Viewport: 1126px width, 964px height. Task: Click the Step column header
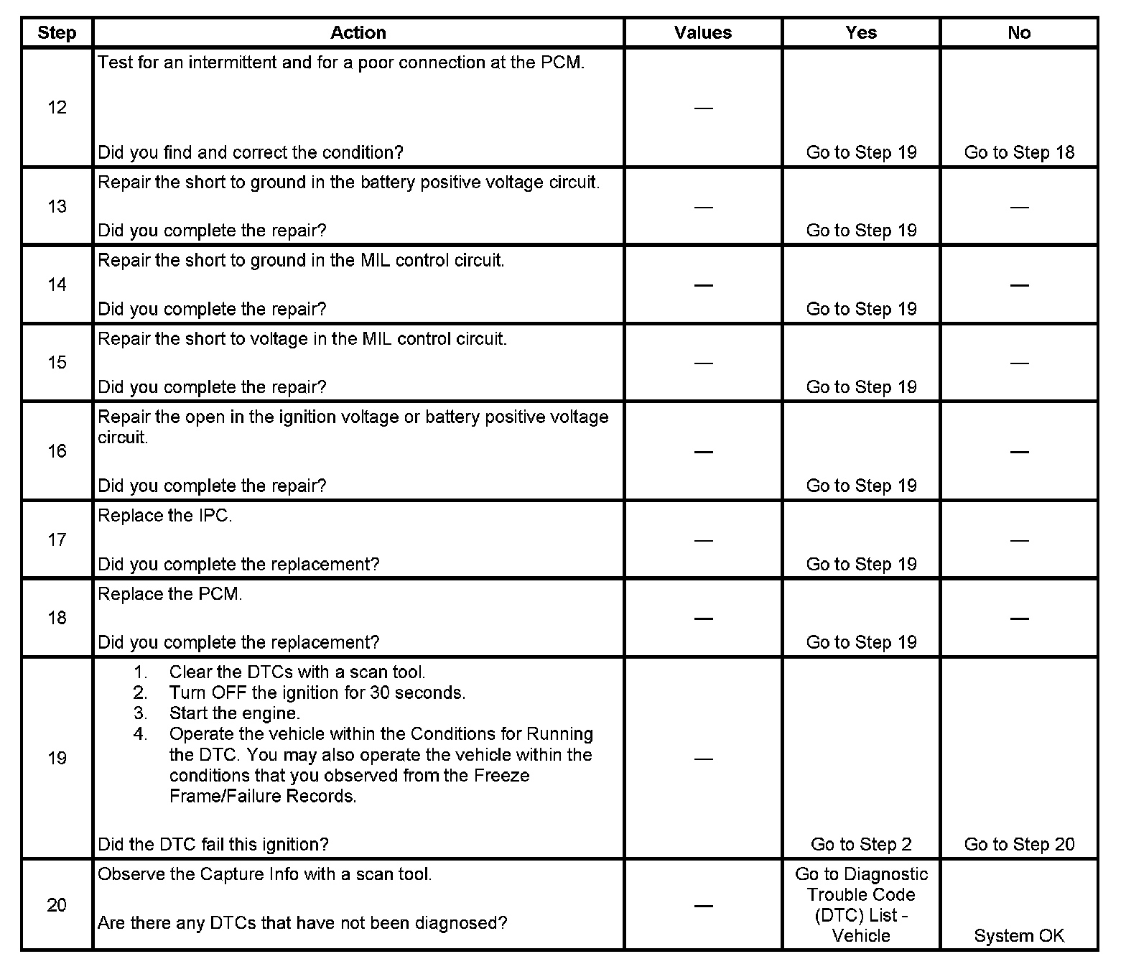[57, 33]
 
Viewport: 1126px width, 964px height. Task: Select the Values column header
[703, 33]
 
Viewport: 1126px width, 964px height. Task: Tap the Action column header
[358, 33]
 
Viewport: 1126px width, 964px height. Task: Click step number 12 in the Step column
[57, 108]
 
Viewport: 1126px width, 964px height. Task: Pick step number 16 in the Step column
[57, 451]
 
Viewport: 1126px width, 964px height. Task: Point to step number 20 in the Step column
[57, 905]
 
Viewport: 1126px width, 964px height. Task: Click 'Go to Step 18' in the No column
[1019, 152]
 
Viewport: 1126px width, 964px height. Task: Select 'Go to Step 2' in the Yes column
[861, 845]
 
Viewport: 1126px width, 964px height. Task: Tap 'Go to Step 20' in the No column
[1019, 845]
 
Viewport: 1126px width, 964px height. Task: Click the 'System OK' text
[1019, 936]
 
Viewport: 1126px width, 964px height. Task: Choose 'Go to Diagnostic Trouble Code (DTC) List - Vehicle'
[861, 905]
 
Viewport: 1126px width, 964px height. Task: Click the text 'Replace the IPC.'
[165, 516]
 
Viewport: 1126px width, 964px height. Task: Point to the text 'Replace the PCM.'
[170, 594]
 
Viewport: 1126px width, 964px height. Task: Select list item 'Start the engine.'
[235, 713]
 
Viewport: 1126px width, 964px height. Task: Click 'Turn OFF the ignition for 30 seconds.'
[317, 692]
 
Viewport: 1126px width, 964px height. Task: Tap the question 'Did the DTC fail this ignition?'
[213, 845]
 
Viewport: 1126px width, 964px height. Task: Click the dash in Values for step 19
[704, 759]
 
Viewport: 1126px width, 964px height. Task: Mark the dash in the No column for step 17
[1019, 540]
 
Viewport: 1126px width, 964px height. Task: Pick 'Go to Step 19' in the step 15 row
[861, 387]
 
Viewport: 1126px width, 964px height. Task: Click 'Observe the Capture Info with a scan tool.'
[265, 874]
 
